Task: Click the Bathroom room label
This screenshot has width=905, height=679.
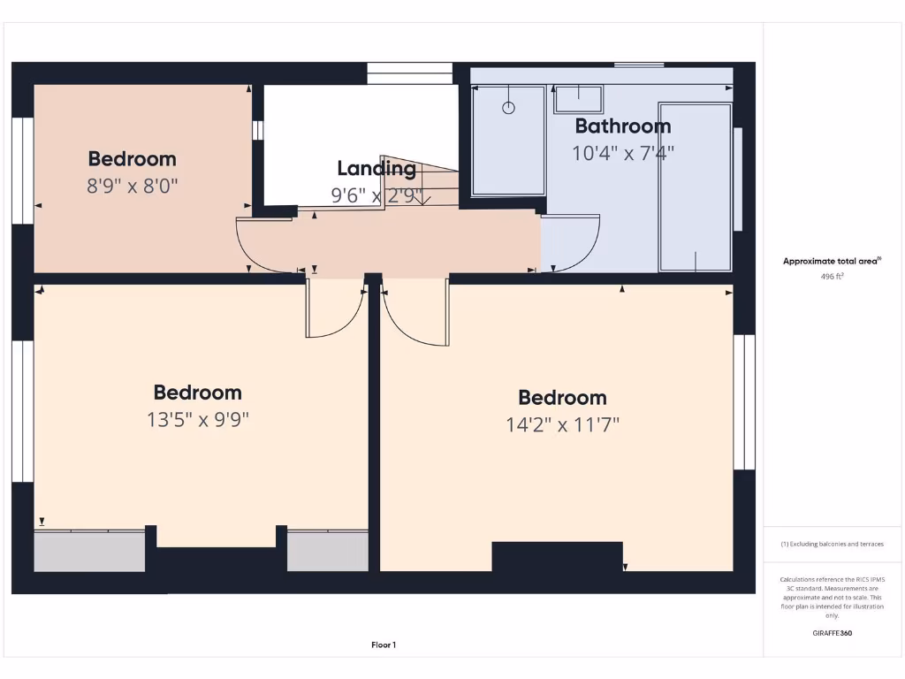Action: pos(622,126)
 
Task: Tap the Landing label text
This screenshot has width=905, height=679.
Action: pos(376,168)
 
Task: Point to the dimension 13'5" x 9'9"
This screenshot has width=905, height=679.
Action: pos(198,419)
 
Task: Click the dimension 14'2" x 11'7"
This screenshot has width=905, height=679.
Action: pos(562,424)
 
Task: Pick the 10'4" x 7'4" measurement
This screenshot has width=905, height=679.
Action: pos(622,153)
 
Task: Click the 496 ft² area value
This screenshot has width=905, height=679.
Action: pos(833,276)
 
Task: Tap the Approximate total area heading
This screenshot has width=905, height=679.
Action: pos(832,261)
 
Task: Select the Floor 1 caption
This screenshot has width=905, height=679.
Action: pos(383,645)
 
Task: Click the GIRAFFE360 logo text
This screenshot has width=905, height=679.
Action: pos(833,633)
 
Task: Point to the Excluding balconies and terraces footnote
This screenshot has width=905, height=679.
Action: pos(833,545)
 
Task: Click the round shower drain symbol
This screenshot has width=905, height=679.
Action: pos(508,108)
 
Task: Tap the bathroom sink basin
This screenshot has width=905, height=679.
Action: pos(578,98)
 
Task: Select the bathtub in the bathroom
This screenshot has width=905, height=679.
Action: pos(696,187)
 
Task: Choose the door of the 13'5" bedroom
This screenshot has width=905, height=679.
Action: pos(334,309)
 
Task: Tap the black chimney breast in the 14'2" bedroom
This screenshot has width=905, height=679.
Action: pos(557,556)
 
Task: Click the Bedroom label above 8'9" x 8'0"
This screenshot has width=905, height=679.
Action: pos(132,159)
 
